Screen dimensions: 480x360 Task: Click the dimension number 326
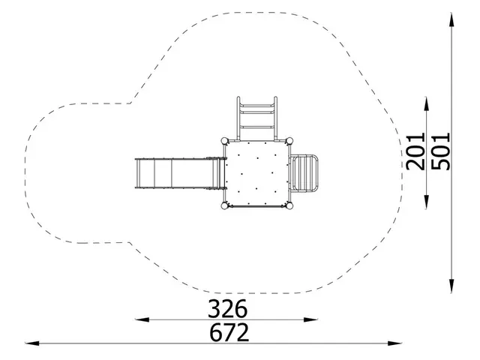227,309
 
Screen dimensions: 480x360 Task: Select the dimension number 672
229,332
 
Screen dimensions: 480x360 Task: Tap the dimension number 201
415,151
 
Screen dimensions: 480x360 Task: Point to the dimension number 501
441,151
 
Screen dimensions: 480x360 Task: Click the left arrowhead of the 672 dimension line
31,343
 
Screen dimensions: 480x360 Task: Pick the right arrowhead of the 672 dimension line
394,343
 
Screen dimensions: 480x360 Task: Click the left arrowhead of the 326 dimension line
142,320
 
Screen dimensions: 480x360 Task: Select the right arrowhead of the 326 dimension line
310,320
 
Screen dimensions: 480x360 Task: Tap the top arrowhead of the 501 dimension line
451,19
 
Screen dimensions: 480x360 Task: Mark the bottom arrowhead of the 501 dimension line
451,286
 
